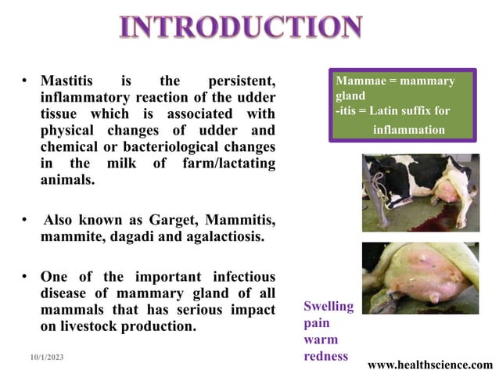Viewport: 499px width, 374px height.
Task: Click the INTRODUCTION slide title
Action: tap(241, 27)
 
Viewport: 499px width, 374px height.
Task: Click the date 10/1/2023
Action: tap(44, 357)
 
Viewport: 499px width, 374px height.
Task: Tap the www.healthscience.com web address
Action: tap(430, 365)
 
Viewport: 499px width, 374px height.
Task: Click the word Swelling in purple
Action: tap(328, 306)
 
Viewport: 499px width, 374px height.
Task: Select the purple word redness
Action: tap(326, 357)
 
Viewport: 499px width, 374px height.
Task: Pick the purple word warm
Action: tap(321, 340)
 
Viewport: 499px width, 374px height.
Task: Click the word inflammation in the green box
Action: tap(409, 129)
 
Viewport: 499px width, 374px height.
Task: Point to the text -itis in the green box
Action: tap(346, 110)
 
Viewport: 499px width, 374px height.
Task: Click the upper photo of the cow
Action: tap(420, 192)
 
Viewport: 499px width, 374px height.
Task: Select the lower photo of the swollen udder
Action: tap(420, 278)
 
